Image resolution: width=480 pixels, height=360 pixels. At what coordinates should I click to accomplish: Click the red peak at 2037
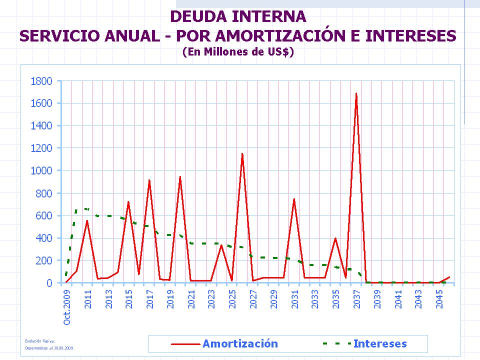pos(356,93)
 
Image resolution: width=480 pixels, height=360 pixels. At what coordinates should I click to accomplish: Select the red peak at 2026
pos(242,154)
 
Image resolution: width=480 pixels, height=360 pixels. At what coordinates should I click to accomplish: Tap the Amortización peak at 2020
pos(180,176)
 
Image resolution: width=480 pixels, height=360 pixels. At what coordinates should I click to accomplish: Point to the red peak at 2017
pos(149,180)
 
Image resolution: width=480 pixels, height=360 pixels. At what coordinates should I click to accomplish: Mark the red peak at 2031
pos(294,199)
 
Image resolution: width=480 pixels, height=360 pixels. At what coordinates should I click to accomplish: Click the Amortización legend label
pos(240,343)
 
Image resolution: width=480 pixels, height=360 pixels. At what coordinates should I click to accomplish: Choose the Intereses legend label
pos(380,343)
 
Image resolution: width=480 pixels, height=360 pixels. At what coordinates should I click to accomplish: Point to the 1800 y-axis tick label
pos(42,81)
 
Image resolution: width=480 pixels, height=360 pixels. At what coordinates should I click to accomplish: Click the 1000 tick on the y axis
pos(42,170)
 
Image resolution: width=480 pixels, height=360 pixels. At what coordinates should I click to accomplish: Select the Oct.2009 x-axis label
pos(67,306)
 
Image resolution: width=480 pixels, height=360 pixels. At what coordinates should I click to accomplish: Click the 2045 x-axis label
pos(439,298)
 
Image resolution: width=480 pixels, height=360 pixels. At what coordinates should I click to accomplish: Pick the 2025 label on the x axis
pos(232,298)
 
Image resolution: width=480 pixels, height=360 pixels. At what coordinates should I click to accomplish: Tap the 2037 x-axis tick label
pos(356,298)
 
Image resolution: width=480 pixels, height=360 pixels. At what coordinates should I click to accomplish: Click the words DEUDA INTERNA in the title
pos(238,16)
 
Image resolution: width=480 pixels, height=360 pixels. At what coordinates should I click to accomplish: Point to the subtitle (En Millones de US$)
pos(238,51)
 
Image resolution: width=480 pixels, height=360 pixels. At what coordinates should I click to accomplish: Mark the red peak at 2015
pos(128,202)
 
